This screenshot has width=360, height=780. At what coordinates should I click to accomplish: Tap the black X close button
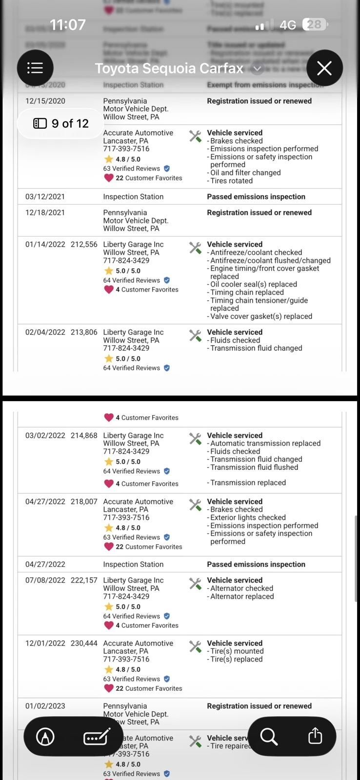(x=324, y=68)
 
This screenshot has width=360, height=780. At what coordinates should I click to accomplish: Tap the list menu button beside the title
(x=35, y=68)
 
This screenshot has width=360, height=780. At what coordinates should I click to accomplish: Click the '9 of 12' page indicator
(x=61, y=124)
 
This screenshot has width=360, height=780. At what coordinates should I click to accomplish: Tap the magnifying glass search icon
(x=269, y=736)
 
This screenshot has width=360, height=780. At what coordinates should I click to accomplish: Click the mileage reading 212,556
(x=84, y=245)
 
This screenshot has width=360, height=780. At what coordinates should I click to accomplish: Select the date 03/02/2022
(x=45, y=436)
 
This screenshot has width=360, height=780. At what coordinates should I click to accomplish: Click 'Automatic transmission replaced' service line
(x=265, y=444)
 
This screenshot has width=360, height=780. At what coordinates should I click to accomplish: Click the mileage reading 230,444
(x=84, y=643)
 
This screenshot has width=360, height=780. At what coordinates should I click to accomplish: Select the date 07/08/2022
(x=45, y=581)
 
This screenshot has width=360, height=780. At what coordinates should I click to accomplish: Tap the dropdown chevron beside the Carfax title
(x=258, y=69)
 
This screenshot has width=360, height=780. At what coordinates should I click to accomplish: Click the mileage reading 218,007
(x=84, y=502)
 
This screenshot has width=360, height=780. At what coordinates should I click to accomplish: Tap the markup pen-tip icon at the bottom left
(x=45, y=737)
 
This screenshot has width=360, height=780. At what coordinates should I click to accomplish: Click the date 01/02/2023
(x=45, y=706)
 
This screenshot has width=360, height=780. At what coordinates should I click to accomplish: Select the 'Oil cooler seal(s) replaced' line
(x=253, y=285)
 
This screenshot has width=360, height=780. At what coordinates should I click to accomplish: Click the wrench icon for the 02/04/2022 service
(x=195, y=335)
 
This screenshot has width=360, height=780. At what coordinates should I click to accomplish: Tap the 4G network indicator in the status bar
(x=288, y=25)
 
